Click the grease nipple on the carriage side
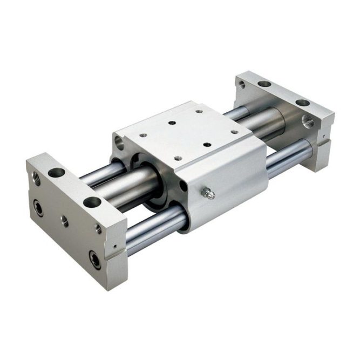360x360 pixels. pos(206,193)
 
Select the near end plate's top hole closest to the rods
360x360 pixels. pos(56,173)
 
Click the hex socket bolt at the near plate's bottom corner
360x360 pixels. pos(95,261)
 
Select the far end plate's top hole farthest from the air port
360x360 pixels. pos(264,84)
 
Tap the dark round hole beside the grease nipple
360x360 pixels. pos(184,187)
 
